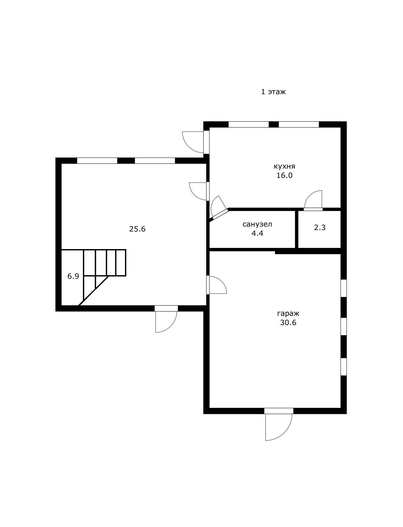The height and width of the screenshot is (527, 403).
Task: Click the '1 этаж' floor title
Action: point(273,92)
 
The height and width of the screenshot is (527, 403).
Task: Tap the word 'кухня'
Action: point(284,166)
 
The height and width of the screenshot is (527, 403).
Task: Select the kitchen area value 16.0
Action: point(284,175)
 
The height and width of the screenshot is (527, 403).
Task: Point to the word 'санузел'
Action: point(257,224)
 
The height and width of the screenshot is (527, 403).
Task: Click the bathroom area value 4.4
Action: point(257,233)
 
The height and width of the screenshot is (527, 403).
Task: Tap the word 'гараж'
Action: point(288,313)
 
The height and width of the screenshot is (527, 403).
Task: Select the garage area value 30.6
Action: point(288,322)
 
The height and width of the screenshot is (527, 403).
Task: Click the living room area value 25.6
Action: point(137,229)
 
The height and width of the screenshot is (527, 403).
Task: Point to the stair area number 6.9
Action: point(73,276)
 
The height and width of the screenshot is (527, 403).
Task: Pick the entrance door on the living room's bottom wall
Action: point(166,319)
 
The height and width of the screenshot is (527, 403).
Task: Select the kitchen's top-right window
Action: point(299,125)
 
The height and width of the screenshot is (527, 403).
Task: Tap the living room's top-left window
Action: point(97,161)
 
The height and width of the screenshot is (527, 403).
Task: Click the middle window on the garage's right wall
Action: point(344,327)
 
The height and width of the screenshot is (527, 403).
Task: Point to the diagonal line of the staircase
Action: point(93,291)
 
